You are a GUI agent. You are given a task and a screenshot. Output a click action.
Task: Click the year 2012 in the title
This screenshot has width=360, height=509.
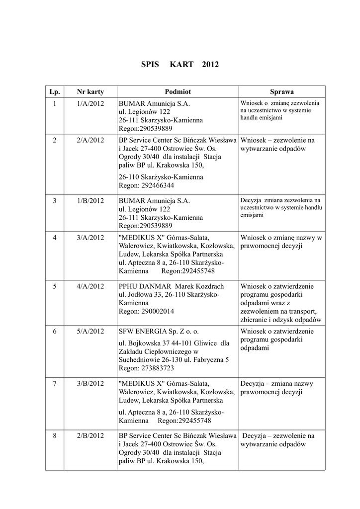pyautogui.click(x=210, y=65)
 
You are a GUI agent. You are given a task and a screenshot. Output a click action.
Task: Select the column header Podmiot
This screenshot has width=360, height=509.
pyautogui.click(x=178, y=92)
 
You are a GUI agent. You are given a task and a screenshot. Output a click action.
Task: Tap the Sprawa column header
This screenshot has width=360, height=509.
pyautogui.click(x=282, y=92)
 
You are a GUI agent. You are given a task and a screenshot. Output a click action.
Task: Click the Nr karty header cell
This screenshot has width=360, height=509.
pyautogui.click(x=90, y=92)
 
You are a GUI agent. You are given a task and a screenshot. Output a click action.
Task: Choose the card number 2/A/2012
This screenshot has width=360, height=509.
pyautogui.click(x=90, y=140)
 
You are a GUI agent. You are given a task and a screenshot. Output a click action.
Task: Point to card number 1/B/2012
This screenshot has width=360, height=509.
pyautogui.click(x=90, y=201)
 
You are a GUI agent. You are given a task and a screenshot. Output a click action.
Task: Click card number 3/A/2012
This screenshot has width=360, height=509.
pyautogui.click(x=90, y=238)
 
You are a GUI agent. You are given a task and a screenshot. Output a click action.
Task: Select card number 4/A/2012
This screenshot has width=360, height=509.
pyautogui.click(x=90, y=286)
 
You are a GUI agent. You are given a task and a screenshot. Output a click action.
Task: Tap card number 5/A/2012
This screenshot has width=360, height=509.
pyautogui.click(x=90, y=331)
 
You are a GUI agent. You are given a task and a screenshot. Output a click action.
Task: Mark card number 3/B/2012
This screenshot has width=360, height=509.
pyautogui.click(x=90, y=384)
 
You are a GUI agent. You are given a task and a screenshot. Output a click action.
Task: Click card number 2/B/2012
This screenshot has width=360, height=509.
pyautogui.click(x=90, y=436)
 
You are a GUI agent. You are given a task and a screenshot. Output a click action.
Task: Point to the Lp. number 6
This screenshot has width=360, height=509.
pyautogui.click(x=55, y=331)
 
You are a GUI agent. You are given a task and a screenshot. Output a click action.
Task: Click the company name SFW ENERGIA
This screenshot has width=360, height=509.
pyautogui.click(x=143, y=331)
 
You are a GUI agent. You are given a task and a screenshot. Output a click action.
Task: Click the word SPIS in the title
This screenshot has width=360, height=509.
pyautogui.click(x=150, y=65)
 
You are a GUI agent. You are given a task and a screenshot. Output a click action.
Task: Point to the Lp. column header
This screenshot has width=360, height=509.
pyautogui.click(x=55, y=92)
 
